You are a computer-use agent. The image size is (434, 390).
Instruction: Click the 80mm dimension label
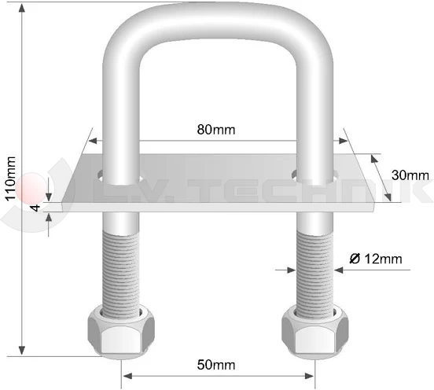point(218,129)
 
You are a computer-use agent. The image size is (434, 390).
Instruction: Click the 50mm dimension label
point(217,364)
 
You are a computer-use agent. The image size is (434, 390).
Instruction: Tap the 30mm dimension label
point(410,175)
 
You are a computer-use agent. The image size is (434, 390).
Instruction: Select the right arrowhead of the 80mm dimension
point(343,142)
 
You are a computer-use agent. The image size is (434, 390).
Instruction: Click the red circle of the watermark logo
point(31,187)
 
